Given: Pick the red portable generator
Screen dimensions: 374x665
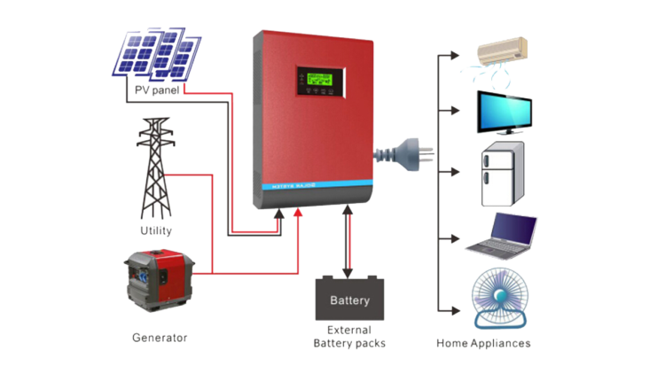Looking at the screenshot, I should (x=159, y=283).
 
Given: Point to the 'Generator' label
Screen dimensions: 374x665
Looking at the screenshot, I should (x=160, y=337).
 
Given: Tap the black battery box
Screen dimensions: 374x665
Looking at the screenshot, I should (x=349, y=299).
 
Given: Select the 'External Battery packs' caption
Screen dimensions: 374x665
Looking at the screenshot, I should (x=349, y=338).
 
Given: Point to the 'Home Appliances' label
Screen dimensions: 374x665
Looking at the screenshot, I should (x=484, y=343).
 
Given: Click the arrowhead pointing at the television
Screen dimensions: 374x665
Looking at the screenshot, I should (x=454, y=111).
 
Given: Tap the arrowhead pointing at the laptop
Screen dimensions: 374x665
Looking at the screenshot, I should (x=454, y=238).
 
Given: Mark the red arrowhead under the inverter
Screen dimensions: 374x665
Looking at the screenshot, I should (x=298, y=213).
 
